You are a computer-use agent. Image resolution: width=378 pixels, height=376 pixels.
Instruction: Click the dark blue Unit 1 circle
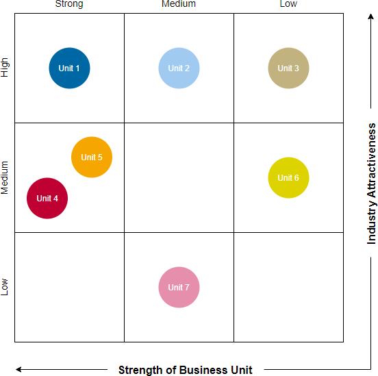69,68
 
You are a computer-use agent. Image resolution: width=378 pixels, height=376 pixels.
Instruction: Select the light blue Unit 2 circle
179,68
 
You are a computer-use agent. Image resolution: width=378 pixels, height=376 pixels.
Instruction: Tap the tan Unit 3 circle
288,68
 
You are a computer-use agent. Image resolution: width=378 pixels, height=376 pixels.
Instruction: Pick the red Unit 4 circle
47,199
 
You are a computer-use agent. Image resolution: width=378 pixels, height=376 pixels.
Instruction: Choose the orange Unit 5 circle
92,158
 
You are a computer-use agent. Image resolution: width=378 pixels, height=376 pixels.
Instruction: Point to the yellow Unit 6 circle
288,178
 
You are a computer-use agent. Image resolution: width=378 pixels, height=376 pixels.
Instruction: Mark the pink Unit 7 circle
179,288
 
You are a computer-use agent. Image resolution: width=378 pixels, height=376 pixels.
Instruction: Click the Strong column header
68,4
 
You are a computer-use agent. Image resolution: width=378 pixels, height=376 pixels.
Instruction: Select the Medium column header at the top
179,4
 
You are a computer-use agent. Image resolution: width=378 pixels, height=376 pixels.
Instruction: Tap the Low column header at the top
288,4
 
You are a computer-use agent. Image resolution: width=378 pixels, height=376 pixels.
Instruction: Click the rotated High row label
5,67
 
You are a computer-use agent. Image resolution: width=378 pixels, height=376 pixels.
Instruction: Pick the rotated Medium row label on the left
5,178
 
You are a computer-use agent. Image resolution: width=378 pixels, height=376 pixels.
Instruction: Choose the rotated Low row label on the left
5,286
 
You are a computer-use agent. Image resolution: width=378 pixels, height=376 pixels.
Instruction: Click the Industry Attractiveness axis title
371,184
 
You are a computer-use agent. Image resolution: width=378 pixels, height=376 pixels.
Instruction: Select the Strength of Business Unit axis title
186,370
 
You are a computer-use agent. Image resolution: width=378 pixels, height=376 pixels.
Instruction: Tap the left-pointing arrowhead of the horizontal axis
19,370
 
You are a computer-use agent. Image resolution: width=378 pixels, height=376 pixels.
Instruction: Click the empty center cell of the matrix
179,178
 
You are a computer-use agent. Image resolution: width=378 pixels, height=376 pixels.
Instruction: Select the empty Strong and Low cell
69,288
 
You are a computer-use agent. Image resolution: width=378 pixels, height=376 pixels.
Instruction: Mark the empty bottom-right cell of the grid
288,288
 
